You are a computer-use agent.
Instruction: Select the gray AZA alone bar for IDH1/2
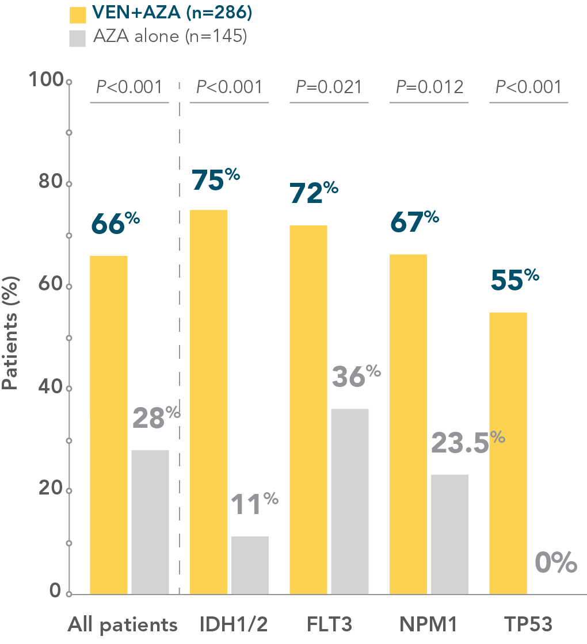[x=250, y=565]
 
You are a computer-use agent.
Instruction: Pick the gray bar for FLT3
[x=349, y=501]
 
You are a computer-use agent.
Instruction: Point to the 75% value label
[x=215, y=179]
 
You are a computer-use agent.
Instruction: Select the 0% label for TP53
[x=555, y=562]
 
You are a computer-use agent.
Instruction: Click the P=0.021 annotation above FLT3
[x=329, y=87]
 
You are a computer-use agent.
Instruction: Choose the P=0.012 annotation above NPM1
[x=429, y=87]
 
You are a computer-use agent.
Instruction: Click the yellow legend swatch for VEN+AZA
[x=77, y=14]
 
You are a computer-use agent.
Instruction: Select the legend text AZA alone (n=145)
[x=169, y=37]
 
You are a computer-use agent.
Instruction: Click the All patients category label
[x=122, y=624]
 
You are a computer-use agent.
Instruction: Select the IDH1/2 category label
[x=233, y=624]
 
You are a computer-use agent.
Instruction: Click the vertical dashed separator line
[x=180, y=345]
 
